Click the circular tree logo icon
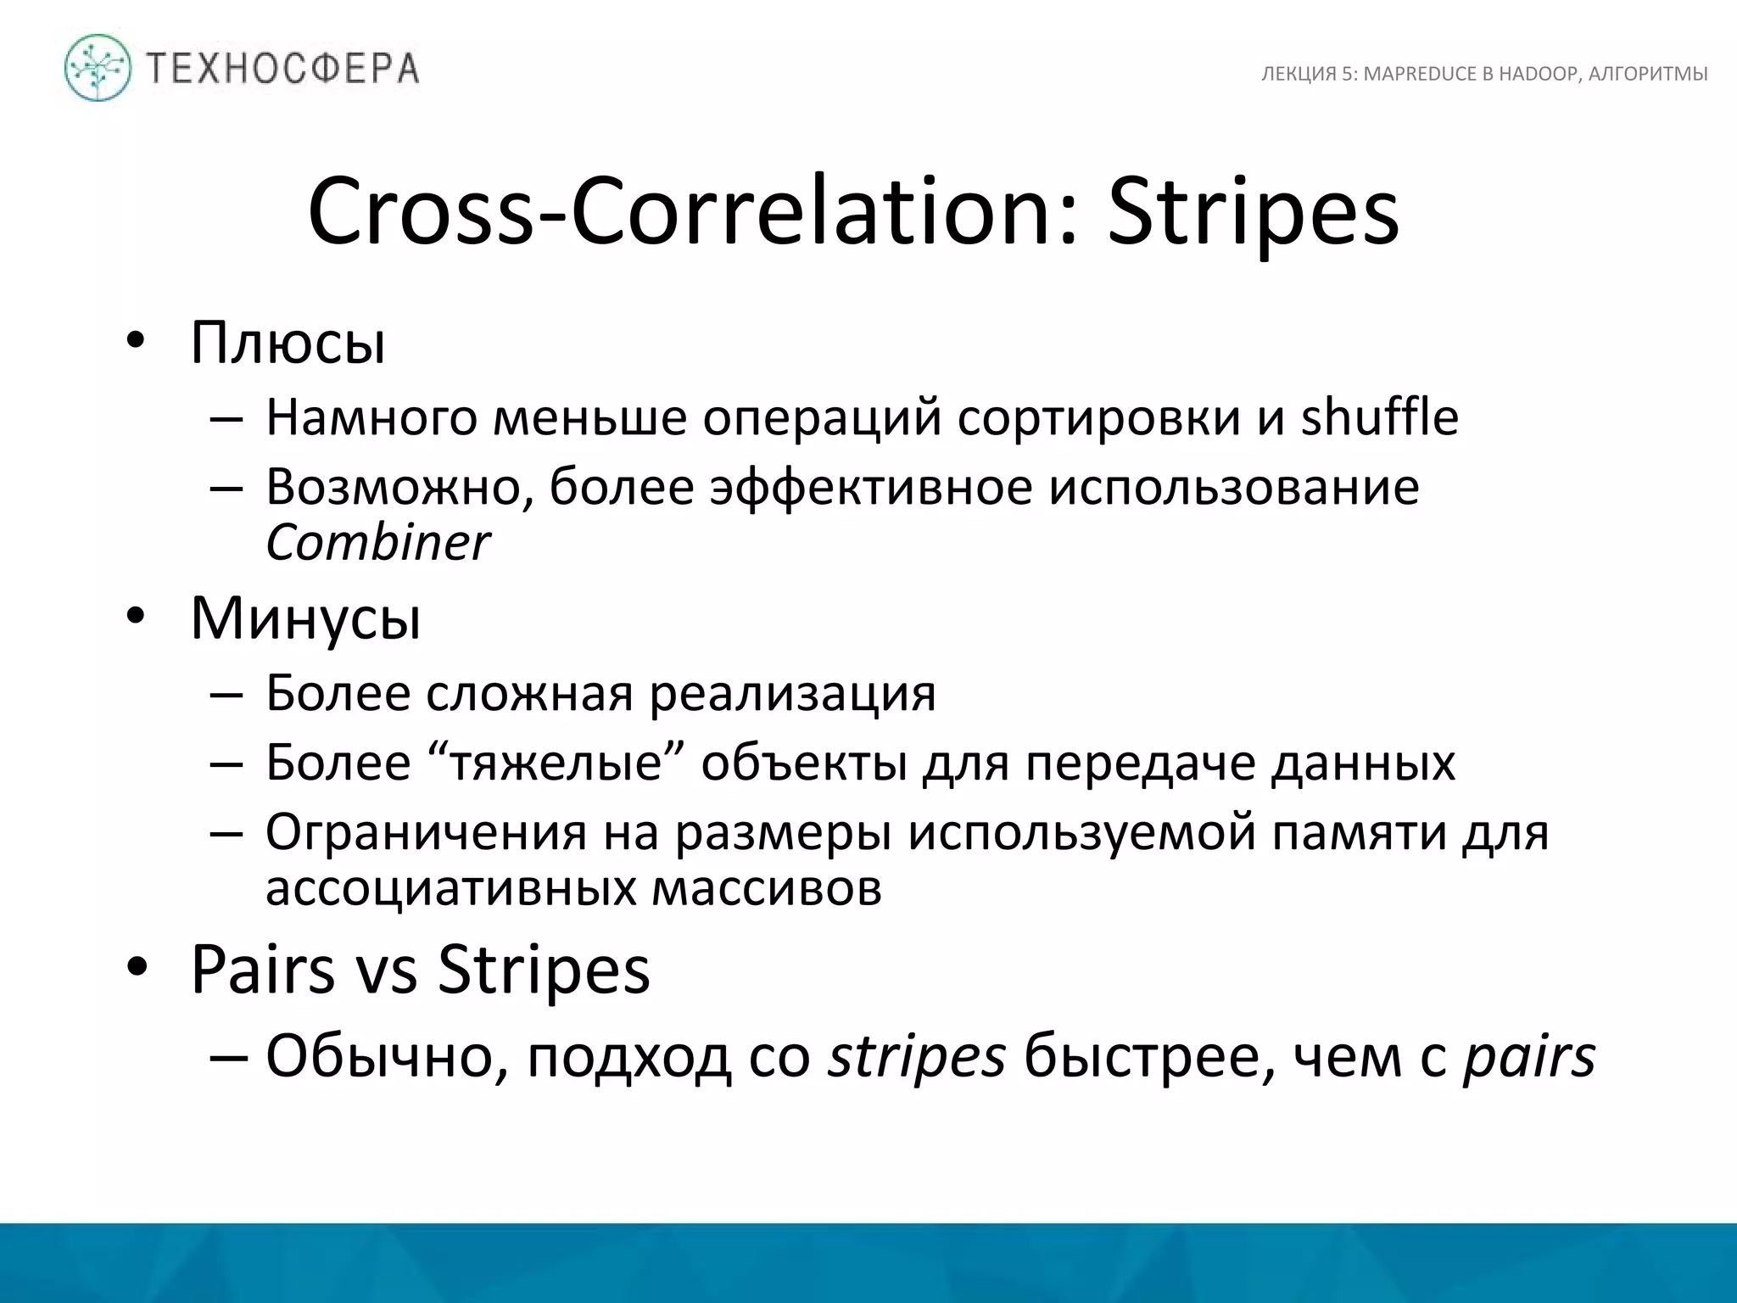coord(98,68)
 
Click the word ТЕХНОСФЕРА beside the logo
coord(283,69)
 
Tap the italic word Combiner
coord(377,542)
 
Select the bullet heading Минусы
coord(305,618)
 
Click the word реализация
coord(793,693)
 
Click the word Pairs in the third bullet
coord(262,969)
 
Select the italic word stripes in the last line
coord(917,1058)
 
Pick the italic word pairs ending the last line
coord(1529,1058)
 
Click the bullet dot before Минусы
coord(137,618)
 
